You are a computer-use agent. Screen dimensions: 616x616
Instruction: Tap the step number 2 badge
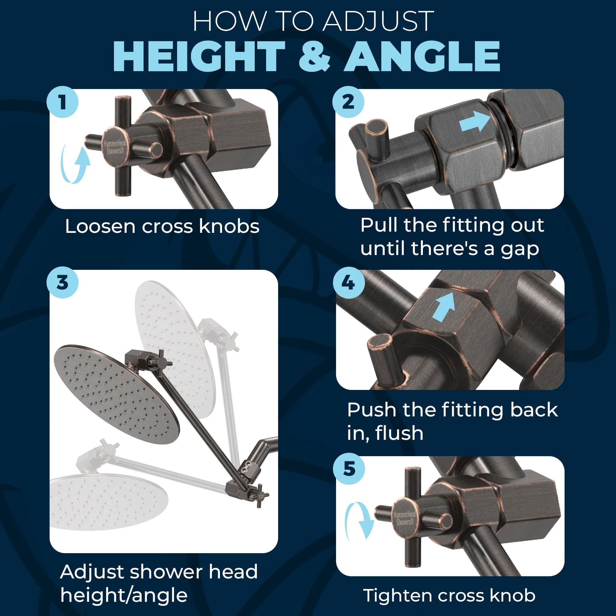(x=348, y=102)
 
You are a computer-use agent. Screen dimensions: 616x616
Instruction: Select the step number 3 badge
(x=63, y=282)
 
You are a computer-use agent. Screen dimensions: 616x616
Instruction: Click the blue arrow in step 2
(x=475, y=121)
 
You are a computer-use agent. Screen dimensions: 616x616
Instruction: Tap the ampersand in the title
(x=314, y=56)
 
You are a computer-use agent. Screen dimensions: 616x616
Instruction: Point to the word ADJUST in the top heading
(x=378, y=22)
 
